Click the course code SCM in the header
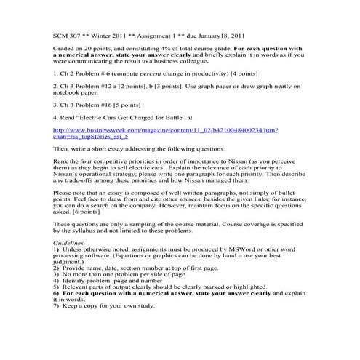62,34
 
